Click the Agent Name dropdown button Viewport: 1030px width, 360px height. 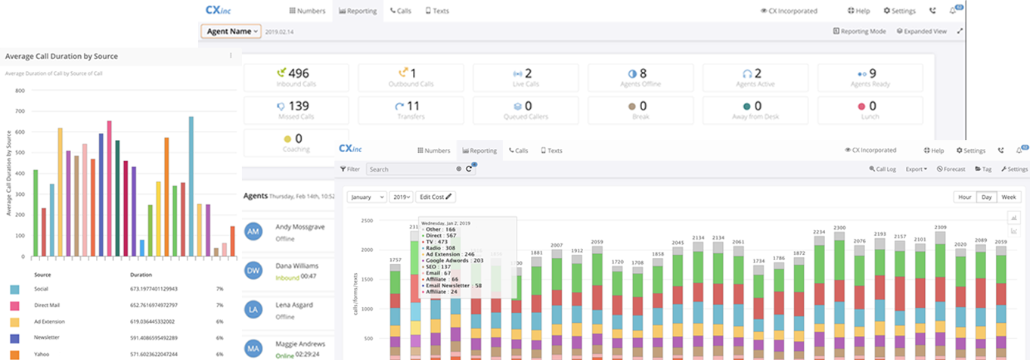point(231,32)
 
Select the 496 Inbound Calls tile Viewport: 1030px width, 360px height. point(296,77)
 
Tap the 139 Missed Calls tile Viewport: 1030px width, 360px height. point(296,110)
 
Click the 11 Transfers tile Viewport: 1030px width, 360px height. point(411,110)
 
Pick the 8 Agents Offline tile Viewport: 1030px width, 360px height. point(641,77)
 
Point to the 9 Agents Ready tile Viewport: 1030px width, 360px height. point(870,77)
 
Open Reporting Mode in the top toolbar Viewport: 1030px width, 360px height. point(859,32)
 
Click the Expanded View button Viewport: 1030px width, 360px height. point(921,32)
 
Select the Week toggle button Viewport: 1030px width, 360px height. point(1009,197)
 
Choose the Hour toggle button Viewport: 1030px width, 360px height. point(964,197)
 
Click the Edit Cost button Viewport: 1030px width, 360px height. point(436,197)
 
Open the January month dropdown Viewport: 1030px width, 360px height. point(367,197)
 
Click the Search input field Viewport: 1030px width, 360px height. point(411,169)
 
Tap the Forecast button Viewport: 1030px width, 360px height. point(951,169)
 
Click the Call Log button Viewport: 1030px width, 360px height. point(883,169)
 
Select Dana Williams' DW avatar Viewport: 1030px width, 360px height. point(254,271)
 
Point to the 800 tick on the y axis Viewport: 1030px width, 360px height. point(20,91)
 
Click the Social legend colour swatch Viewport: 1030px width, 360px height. point(14,289)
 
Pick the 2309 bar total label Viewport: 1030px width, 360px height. point(940,228)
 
